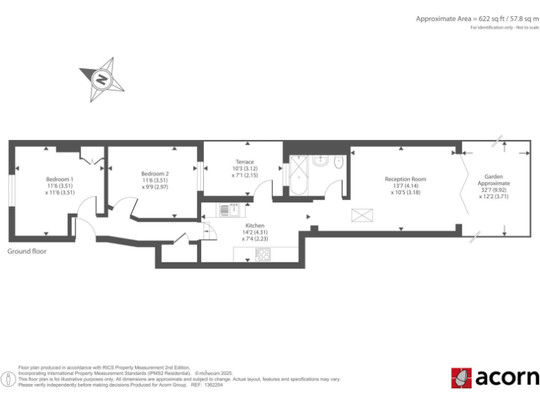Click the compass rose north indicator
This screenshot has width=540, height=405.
[x=102, y=79]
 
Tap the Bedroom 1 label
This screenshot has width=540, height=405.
[x=60, y=185]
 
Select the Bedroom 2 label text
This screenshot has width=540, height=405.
[x=155, y=181]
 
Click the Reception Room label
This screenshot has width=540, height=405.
[x=405, y=186]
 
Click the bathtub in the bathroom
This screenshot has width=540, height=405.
[x=300, y=176]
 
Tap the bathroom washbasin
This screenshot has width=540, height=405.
[x=320, y=161]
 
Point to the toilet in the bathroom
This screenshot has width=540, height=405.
[x=339, y=162]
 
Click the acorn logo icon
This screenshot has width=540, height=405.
[x=461, y=378]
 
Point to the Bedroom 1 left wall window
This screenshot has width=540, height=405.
[x=11, y=190]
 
